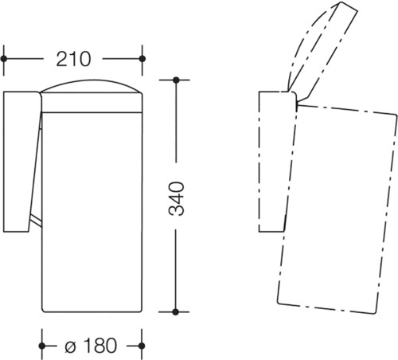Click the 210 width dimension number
pyautogui.click(x=73, y=59)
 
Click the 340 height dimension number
pyautogui.click(x=176, y=198)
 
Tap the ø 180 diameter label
pyautogui.click(x=91, y=346)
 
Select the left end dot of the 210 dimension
pyautogui.click(x=4, y=59)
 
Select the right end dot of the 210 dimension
pyautogui.click(x=142, y=59)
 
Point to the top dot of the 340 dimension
pyautogui.click(x=176, y=80)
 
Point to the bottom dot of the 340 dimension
pyautogui.click(x=175, y=312)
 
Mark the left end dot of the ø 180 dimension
pyautogui.click(x=41, y=346)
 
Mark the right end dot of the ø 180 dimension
pyautogui.click(x=142, y=346)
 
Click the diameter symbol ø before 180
pyautogui.click(x=70, y=346)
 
